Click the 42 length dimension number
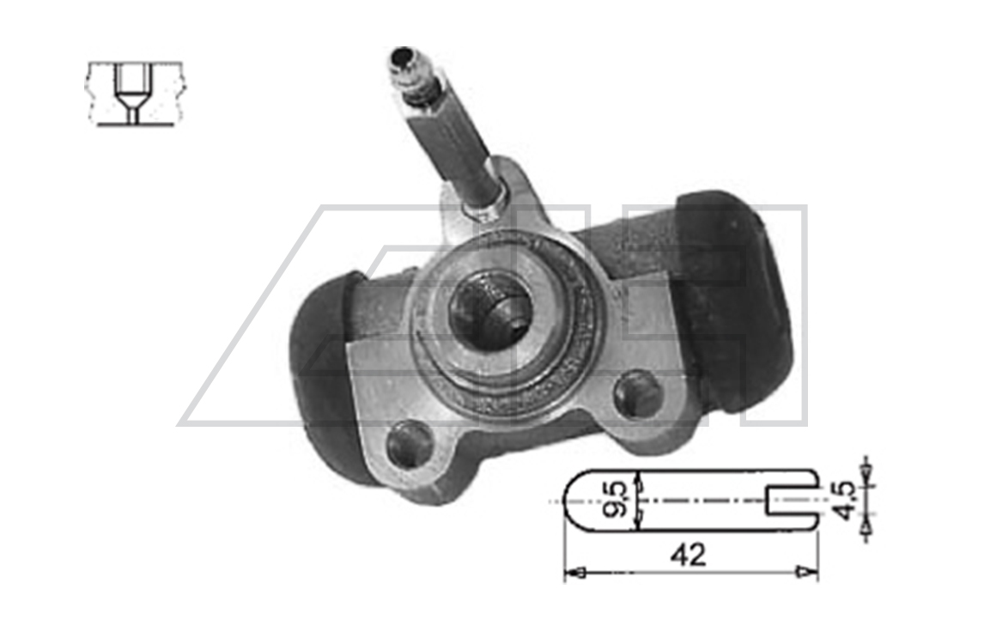click(x=688, y=555)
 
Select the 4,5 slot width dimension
click(x=847, y=501)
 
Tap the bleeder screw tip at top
click(x=403, y=57)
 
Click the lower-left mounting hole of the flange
click(x=410, y=445)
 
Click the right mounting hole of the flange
click(x=638, y=394)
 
